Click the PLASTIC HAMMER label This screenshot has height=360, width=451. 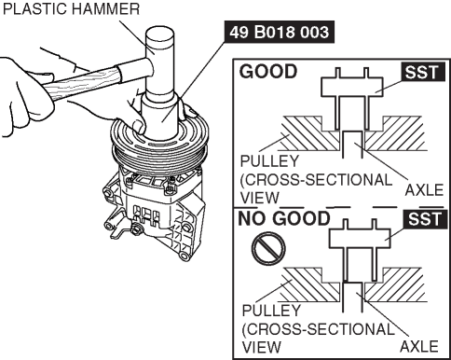click(x=71, y=8)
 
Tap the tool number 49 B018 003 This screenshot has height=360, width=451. click(x=280, y=32)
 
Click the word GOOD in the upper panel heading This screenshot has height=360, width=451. click(x=268, y=72)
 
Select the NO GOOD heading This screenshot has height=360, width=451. click(x=284, y=218)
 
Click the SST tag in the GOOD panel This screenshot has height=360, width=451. click(x=422, y=72)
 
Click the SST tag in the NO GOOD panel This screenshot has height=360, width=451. click(x=425, y=219)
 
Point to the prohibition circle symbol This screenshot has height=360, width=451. click(x=268, y=248)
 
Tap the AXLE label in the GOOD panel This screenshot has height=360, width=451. click(x=424, y=189)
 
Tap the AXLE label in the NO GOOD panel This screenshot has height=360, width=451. click(x=419, y=346)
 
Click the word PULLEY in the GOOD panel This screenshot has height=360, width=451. click(x=269, y=161)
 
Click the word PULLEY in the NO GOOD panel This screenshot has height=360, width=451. click(x=271, y=311)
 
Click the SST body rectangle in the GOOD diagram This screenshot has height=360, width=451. click(x=352, y=87)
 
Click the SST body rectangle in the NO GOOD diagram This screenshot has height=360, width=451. click(x=360, y=238)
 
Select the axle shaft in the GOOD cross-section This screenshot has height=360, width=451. click(x=352, y=145)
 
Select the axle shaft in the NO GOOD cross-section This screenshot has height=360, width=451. click(x=352, y=297)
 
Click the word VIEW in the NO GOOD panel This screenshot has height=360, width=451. click(x=261, y=347)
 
